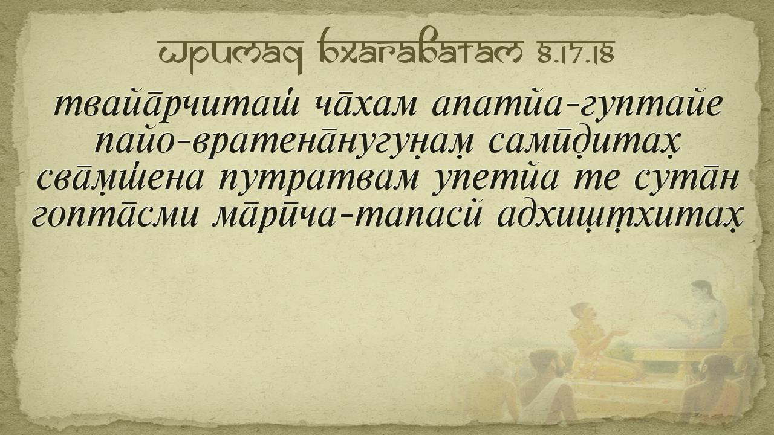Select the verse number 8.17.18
tap(575, 51)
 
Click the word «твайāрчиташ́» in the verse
tap(176, 105)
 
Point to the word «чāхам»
tap(365, 105)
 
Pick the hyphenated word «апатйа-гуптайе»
tap(576, 105)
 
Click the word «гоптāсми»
tap(115, 218)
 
